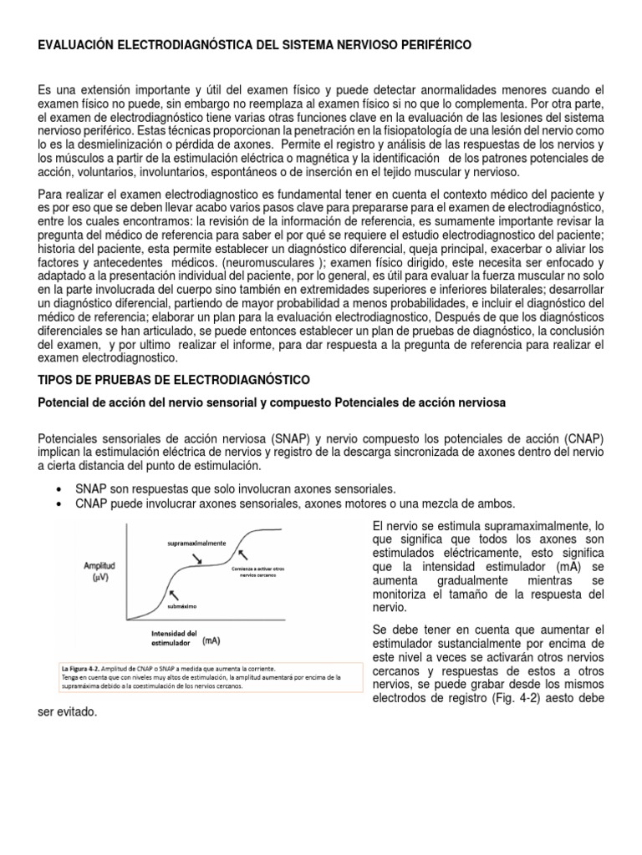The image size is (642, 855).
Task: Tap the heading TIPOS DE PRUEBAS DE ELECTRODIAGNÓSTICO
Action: pyautogui.click(x=174, y=379)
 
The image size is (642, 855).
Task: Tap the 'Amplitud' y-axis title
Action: pyautogui.click(x=99, y=565)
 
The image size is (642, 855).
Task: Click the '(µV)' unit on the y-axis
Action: pyautogui.click(x=100, y=579)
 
